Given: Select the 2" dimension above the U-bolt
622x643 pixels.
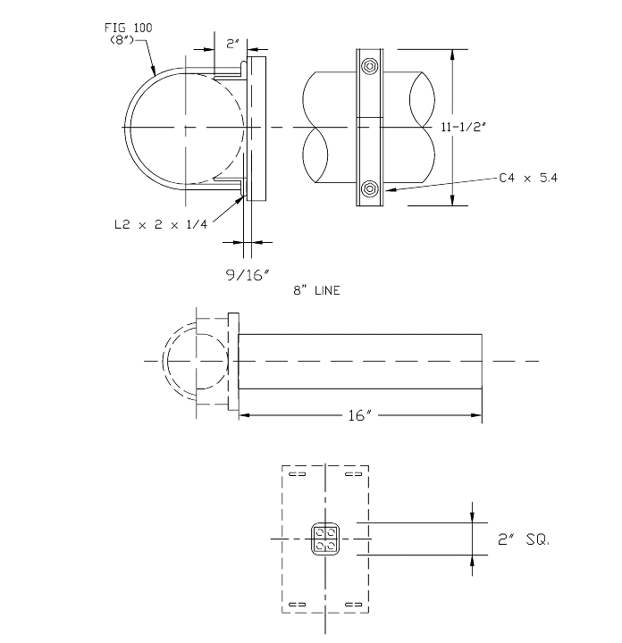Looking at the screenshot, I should point(231,43).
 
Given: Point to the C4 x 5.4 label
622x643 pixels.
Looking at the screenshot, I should point(527,179).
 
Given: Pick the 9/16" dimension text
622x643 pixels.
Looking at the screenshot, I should point(247,275).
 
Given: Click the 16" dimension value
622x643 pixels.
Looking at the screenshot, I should point(360,416).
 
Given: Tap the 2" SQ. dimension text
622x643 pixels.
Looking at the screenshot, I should point(523,539).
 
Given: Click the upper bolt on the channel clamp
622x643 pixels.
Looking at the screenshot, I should point(368,67).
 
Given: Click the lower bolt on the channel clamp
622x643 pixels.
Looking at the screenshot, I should point(368,188).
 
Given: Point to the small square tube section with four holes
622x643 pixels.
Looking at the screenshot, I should point(324,539).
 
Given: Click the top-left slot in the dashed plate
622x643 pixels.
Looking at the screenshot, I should point(298,474).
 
